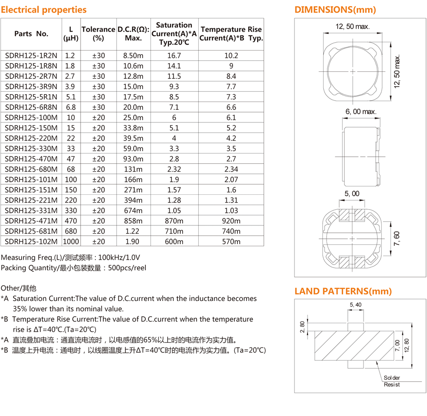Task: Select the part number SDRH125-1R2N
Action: [31, 56]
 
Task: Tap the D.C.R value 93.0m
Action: [133, 159]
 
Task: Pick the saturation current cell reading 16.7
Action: [174, 56]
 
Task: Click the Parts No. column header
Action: [31, 33]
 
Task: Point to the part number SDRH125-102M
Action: [31, 242]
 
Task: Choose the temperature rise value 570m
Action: [231, 242]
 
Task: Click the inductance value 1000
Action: [71, 242]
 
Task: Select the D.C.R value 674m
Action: [133, 211]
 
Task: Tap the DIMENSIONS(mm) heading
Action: [335, 10]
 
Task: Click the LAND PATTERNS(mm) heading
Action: [343, 291]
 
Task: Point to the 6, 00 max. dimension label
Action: [361, 112]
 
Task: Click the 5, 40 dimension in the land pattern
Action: [355, 305]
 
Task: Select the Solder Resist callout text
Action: [391, 381]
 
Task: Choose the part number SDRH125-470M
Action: [31, 159]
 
